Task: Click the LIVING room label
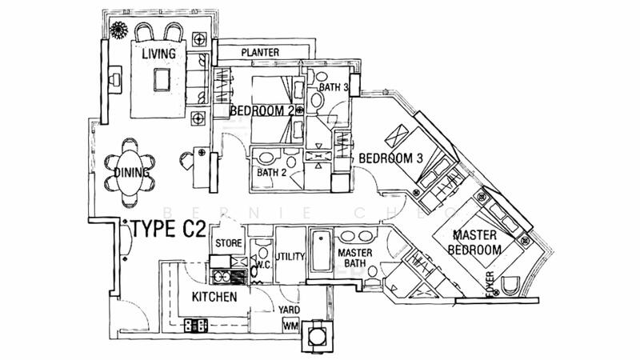159,54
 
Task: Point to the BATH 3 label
334,87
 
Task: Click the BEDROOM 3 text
390,158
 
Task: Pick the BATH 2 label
272,172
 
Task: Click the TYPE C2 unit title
166,230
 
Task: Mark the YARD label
289,309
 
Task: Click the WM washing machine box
290,326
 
